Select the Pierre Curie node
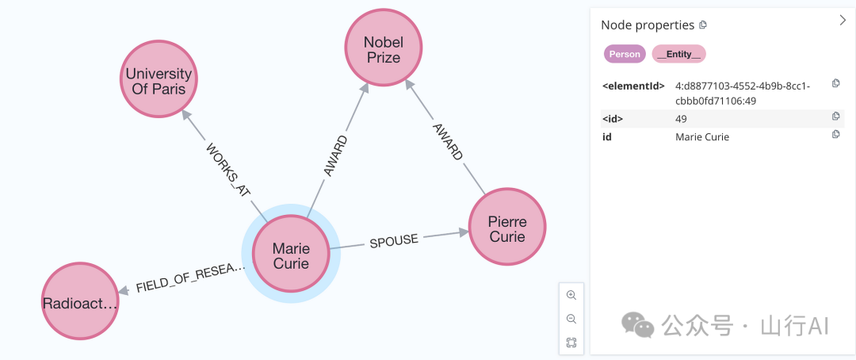[507, 228]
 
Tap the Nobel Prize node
[383, 49]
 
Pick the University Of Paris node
[159, 81]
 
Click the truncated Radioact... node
[79, 302]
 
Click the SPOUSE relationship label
[393, 240]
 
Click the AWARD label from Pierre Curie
[448, 141]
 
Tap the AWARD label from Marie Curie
[336, 155]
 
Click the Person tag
[625, 54]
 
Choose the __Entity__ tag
[678, 54]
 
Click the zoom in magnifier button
[571, 295]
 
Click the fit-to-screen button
[571, 343]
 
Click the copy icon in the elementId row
[835, 83]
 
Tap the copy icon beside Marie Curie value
[835, 135]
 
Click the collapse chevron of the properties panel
[843, 21]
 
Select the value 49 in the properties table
[681, 119]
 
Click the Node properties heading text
[648, 25]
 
